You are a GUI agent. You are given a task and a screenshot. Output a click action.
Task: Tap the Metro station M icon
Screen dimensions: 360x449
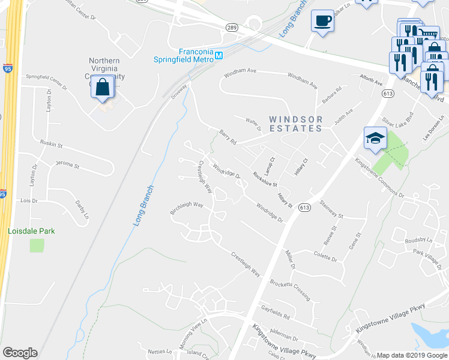[x=219, y=56]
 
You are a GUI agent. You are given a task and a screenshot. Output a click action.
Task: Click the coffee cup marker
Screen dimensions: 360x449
[x=322, y=20]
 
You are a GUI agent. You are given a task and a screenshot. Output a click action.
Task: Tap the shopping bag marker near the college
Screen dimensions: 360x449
[x=103, y=86]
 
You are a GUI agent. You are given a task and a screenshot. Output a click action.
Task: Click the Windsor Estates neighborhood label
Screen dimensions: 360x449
[x=295, y=124]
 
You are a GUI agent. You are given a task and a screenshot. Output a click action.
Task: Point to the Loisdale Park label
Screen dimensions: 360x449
[x=31, y=230]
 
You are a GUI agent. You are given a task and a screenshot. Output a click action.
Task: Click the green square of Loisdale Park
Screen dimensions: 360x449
[x=37, y=245]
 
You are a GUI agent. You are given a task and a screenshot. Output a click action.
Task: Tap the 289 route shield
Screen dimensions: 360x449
[x=232, y=28]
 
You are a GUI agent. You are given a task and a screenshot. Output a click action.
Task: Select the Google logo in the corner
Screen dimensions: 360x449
[x=20, y=353]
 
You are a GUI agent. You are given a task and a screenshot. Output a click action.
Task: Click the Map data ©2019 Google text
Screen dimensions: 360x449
[x=412, y=355]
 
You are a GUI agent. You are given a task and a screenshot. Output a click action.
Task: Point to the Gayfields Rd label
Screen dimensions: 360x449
[x=276, y=313]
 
